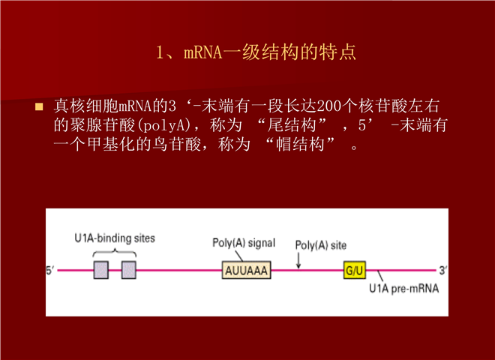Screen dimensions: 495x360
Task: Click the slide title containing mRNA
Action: coord(256,52)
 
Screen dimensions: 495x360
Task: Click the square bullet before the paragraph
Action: coord(39,106)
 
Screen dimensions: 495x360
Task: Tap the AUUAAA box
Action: coord(246,270)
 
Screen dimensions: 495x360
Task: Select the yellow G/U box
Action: coord(355,270)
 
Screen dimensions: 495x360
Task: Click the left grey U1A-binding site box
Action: coord(101,270)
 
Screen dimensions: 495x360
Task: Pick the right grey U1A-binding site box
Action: coord(129,270)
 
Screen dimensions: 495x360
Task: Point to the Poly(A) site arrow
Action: coord(298,260)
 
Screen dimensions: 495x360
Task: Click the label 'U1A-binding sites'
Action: coord(115,238)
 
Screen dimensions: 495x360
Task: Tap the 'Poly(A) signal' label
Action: coord(244,243)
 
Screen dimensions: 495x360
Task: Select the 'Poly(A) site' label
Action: coord(321,245)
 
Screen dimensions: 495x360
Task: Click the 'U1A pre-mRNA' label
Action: coord(404,288)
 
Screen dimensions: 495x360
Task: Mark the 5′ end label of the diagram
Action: coord(50,270)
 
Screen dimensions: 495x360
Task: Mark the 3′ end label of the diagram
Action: coord(442,270)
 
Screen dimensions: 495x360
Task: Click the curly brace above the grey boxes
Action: coord(115,253)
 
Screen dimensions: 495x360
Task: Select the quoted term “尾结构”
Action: coord(292,125)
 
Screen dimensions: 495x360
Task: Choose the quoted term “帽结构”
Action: coord(300,144)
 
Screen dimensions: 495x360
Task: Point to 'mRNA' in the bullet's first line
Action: coord(135,106)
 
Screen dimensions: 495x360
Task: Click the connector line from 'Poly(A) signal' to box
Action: coord(239,256)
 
